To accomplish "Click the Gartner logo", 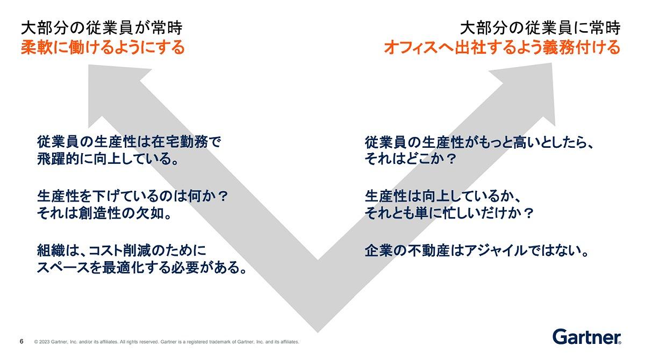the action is (x=586, y=337).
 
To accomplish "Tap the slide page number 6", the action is (x=21, y=341).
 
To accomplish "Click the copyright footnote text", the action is (x=167, y=342).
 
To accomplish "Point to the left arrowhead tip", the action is (x=89, y=65).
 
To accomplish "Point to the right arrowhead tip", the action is (x=551, y=63).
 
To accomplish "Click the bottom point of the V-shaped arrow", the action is (x=318, y=333).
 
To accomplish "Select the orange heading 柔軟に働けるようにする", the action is (x=103, y=47).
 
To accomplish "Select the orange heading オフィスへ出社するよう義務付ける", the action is (x=502, y=47).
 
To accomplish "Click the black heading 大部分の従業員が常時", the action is (x=102, y=28).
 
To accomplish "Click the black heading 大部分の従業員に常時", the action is (x=540, y=28).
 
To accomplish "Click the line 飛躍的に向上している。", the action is (x=107, y=159).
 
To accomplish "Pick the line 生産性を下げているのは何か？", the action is (x=133, y=196).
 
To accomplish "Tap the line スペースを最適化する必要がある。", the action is (x=142, y=268).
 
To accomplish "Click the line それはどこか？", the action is (x=410, y=159).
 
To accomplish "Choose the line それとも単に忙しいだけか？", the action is (x=449, y=213).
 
